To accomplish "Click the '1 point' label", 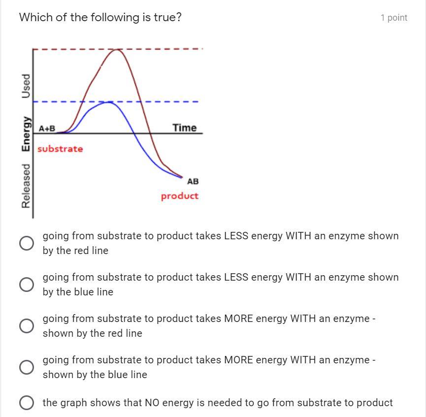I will click(x=393, y=18).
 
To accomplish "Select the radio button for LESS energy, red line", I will click(x=27, y=243).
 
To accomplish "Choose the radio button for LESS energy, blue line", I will click(x=27, y=284).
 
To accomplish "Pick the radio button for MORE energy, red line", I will click(x=27, y=325).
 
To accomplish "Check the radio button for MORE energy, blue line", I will click(x=27, y=367).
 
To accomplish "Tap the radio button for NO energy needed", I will click(x=27, y=403).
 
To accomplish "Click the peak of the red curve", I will click(x=117, y=50).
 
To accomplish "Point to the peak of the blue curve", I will click(x=108, y=102).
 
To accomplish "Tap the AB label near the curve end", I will click(x=193, y=181).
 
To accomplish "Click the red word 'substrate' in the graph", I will click(x=60, y=149).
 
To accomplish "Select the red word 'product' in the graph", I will click(x=180, y=196).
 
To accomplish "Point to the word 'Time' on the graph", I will click(x=185, y=128).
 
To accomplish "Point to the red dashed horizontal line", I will click(x=163, y=49).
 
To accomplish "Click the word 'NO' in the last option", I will click(x=151, y=403).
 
